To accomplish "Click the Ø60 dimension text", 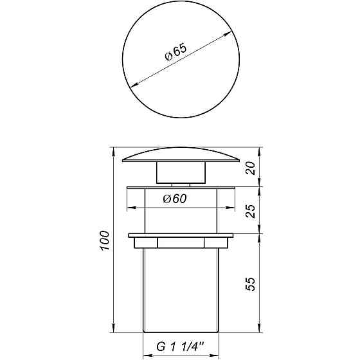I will [x=175, y=199].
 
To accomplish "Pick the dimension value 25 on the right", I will [x=253, y=210].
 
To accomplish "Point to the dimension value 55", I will [x=253, y=283].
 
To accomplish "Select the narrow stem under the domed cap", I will [x=180, y=175].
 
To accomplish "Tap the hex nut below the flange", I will [x=180, y=244].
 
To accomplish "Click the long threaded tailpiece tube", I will [x=180, y=289].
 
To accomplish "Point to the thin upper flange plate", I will [x=180, y=188].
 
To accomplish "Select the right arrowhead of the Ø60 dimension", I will [x=230, y=208].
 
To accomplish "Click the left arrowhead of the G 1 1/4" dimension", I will [x=145, y=354].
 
